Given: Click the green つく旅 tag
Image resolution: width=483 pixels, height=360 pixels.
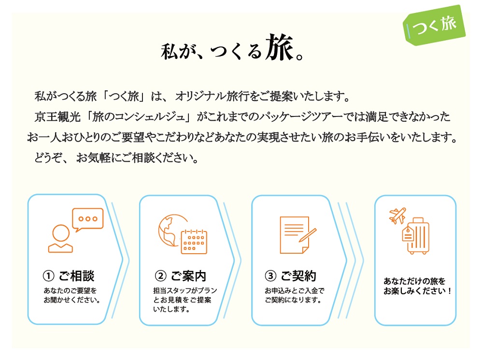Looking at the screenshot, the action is [x=434, y=25].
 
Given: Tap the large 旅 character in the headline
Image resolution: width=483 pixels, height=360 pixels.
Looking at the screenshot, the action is [x=279, y=47].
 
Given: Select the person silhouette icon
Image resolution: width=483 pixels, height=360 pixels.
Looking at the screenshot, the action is [x=61, y=239].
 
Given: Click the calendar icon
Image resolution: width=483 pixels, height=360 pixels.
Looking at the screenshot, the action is [x=194, y=242].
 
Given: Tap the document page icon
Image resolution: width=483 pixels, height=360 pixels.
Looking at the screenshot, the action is [x=294, y=235].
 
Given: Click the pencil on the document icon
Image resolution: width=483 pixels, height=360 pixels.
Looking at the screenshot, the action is [x=307, y=235].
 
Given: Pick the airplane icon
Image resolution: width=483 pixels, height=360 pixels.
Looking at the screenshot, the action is [x=398, y=215].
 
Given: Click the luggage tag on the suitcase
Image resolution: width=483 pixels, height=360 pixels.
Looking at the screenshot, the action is [x=408, y=234].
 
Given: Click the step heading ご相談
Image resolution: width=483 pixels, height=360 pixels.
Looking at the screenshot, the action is [x=76, y=276].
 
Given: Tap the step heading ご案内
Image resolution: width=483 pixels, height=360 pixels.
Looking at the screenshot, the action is [x=188, y=276].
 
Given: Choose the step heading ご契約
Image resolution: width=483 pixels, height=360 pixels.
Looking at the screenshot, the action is [x=298, y=276].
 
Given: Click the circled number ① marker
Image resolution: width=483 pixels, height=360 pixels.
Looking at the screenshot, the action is [x=48, y=276].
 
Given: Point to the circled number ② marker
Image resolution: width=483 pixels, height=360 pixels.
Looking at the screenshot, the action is [x=160, y=276].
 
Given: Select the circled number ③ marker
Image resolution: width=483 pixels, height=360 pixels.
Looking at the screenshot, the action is [x=270, y=276].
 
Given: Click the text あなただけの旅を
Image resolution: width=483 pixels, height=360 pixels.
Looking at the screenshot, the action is [x=414, y=281].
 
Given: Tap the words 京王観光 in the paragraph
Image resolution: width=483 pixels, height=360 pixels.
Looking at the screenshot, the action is [x=57, y=117].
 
